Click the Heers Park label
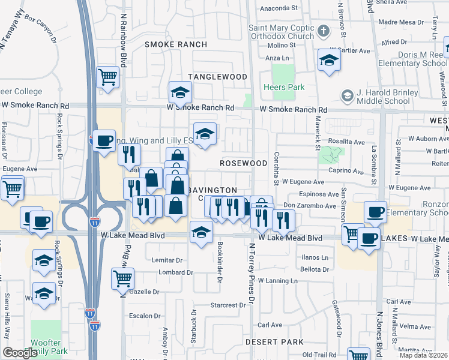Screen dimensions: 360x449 coord(284,87)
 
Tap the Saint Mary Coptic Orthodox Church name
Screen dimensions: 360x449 coord(282,32)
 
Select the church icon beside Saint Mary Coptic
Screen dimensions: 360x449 coord(324,31)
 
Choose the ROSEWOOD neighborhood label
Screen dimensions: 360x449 coord(243,163)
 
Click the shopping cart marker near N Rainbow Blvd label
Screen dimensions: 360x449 coord(108,76)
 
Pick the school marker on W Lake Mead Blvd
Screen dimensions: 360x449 coord(201,232)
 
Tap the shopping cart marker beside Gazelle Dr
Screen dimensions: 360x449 coord(122,278)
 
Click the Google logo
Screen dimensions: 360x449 coord(20,352)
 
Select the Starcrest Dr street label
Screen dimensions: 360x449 coord(229,305)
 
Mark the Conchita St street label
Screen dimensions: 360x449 coord(277,175)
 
